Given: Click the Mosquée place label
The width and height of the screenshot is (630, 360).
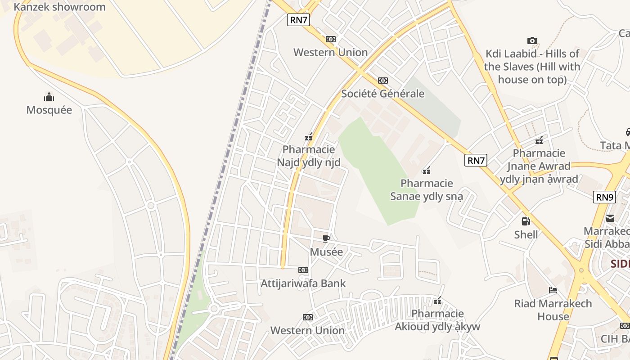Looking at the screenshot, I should click(49, 110).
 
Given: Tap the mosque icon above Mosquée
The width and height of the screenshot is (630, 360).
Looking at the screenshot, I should click(49, 97).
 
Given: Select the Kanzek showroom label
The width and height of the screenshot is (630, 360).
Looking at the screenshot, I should click(59, 7).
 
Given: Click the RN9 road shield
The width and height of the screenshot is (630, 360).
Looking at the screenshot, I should click(604, 197).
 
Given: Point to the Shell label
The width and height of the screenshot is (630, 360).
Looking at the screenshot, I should click(526, 234).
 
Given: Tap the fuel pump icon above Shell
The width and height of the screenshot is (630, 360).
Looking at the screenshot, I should click(526, 221).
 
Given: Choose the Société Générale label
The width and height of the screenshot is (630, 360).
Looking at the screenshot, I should click(382, 94).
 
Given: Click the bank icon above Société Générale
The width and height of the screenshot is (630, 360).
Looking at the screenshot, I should click(383, 81).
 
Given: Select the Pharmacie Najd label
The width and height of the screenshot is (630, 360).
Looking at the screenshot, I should click(309, 156).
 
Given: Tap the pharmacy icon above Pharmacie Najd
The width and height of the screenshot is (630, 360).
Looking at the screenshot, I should click(309, 137).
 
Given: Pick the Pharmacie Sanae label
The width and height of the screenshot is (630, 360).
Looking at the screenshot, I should click(427, 189).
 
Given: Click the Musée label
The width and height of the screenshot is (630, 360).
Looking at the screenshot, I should click(326, 252).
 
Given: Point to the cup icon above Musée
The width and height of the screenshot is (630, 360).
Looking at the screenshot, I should click(326, 238).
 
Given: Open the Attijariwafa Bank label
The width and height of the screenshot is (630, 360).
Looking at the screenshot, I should click(303, 283).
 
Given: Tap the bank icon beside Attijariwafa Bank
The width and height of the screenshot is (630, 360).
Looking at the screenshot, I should click(303, 270).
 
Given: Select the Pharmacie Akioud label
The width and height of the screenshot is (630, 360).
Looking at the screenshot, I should click(437, 320).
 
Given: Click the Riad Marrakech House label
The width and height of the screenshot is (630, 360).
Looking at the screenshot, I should click(553, 310).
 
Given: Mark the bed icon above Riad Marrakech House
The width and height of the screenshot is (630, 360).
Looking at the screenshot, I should click(553, 290).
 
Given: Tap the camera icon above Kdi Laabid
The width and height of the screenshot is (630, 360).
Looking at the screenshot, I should click(532, 41).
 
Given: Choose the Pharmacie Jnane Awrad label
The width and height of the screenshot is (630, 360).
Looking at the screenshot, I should click(539, 166).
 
